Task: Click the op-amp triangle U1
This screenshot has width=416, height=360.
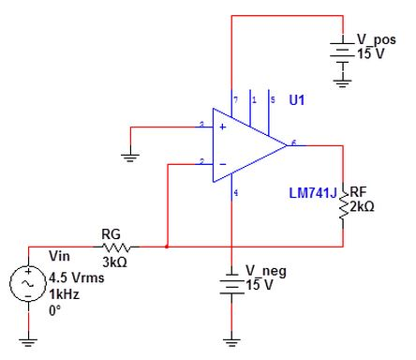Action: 245,144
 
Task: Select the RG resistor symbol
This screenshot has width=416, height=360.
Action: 119,247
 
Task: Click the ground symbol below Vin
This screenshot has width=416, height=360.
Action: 28,340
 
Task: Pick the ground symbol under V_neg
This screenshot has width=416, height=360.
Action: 230,339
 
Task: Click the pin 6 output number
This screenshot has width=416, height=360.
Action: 294,142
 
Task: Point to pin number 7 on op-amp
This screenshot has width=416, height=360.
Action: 235,98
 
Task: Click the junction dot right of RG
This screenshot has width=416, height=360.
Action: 166,247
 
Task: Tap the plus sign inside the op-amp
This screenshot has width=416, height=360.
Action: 221,125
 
